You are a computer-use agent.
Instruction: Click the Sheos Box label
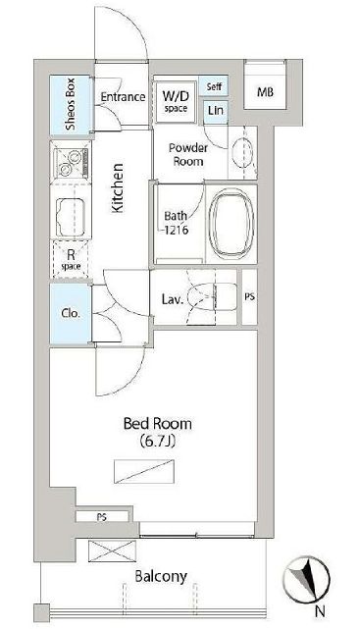coord(71,105)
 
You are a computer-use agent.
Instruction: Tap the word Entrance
coord(123,97)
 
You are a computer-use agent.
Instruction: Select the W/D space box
coord(176,102)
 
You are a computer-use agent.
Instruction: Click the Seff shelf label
coord(214,86)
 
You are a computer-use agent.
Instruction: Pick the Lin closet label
coord(216,110)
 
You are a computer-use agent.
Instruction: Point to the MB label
coord(265,92)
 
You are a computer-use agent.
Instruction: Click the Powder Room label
coord(188,154)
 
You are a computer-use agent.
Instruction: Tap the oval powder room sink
coord(243,152)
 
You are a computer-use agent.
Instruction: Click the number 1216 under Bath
coord(176,231)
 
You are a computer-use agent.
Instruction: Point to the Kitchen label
coord(118,187)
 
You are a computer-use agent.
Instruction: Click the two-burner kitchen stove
coord(70,163)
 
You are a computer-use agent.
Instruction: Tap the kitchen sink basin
coord(71,218)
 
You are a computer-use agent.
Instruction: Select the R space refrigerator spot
coord(71,259)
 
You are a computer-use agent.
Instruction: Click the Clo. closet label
coord(71,313)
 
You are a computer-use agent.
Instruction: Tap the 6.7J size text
coord(158,442)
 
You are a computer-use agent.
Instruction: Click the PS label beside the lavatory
coord(249,297)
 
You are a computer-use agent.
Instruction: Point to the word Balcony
coord(161,577)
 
